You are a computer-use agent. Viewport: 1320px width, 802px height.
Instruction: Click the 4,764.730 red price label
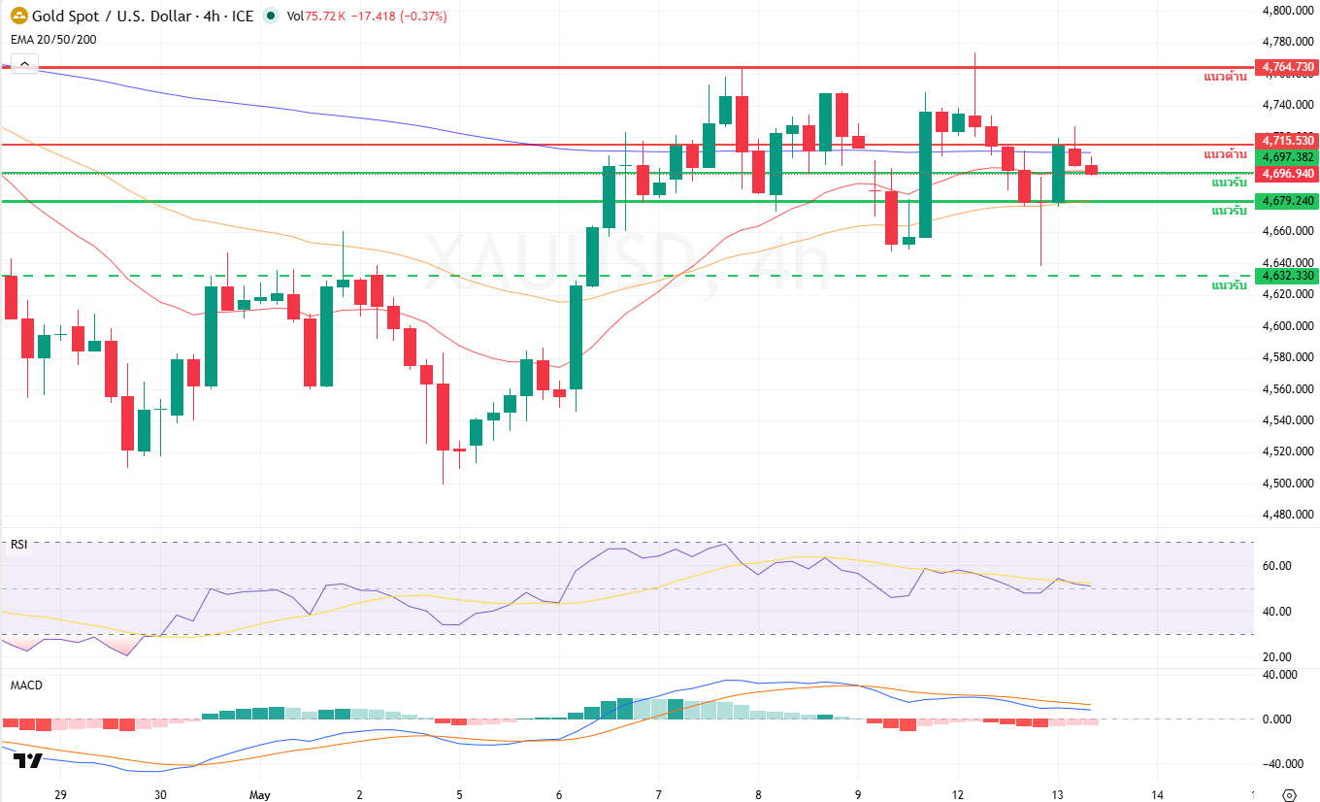[x=1286, y=67]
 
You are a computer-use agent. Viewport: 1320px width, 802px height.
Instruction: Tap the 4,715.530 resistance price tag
[x=1286, y=141]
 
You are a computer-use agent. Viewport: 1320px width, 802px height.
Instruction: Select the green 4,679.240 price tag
[x=1286, y=200]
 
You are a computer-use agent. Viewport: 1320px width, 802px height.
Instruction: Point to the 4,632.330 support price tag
[x=1286, y=276]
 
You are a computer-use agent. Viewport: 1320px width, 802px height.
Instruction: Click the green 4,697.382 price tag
[x=1286, y=157]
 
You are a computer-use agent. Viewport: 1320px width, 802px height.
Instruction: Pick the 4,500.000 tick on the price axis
[x=1288, y=483]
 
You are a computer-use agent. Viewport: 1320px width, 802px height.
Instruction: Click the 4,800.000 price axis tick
[x=1288, y=10]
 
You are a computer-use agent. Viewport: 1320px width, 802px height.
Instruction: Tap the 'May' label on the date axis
[x=259, y=794]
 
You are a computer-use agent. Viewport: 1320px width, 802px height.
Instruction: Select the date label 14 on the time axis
[x=1157, y=794]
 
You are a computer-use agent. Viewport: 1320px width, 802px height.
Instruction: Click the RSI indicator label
[x=18, y=545]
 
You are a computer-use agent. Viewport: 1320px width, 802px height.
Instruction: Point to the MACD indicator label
[x=26, y=685]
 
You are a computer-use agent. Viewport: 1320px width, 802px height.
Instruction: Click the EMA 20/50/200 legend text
[x=53, y=40]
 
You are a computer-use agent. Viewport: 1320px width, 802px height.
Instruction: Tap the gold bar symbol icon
[x=18, y=16]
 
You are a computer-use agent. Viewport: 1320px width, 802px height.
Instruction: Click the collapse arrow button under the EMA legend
[x=25, y=63]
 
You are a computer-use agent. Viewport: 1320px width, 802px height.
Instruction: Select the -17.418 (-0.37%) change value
[x=399, y=16]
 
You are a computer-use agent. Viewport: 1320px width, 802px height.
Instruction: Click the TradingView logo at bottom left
[x=28, y=760]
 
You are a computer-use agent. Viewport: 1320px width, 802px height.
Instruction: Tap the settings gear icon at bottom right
[x=1289, y=795]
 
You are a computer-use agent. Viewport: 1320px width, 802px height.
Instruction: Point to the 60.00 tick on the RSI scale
[x=1278, y=565]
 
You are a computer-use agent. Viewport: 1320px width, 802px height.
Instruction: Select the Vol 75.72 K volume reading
[x=315, y=16]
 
